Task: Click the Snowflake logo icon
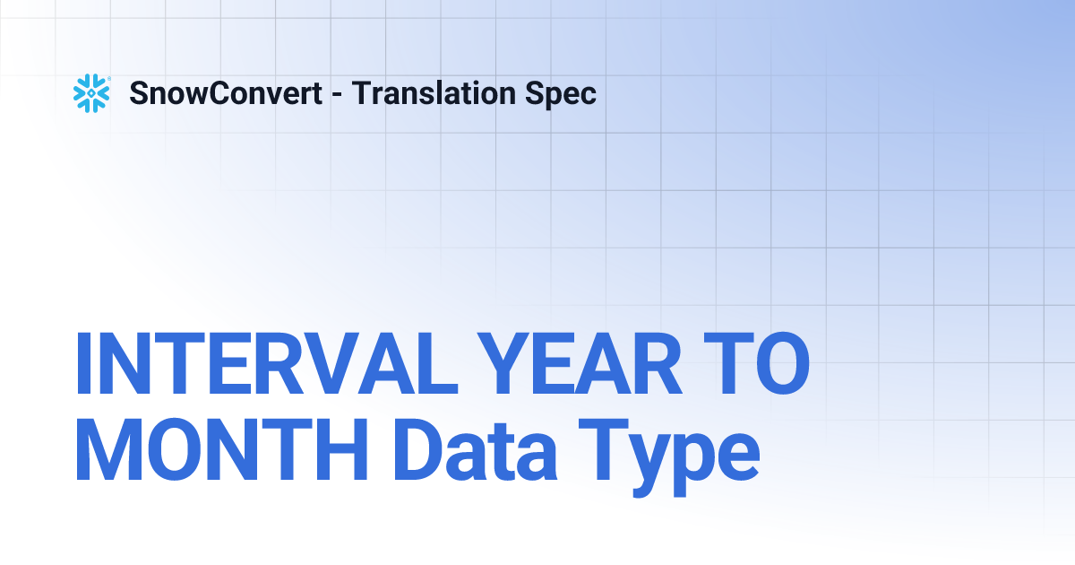[x=90, y=93]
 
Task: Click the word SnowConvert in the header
[x=226, y=93]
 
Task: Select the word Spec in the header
[x=564, y=93]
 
